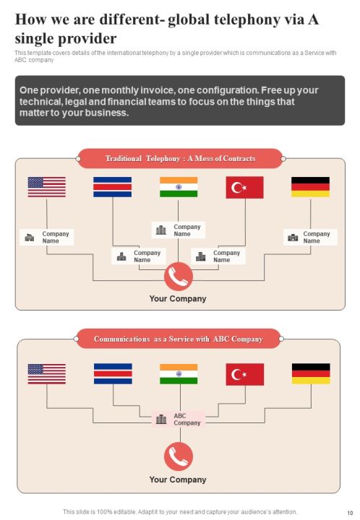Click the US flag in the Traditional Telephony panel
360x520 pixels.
point(47,187)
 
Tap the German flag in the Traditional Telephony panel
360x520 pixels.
point(311,187)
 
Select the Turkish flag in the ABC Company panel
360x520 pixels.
point(245,374)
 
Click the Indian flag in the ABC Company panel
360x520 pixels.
point(179,374)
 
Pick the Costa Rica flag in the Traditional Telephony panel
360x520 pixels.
point(113,187)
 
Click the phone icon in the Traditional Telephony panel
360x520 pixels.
point(179,277)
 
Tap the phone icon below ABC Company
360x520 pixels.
point(179,456)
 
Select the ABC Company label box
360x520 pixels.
point(179,420)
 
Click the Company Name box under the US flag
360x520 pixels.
point(47,238)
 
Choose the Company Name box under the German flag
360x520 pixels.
point(310,238)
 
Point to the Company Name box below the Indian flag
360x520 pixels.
point(179,230)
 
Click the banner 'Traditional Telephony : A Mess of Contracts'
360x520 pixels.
point(180,158)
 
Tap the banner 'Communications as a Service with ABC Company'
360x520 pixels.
point(179,339)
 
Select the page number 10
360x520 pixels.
point(350,513)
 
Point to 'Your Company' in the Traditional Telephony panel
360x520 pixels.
point(178,299)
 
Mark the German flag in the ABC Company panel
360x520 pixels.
point(311,374)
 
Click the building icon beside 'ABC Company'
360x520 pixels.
point(161,419)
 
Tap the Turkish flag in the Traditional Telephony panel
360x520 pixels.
point(245,188)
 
